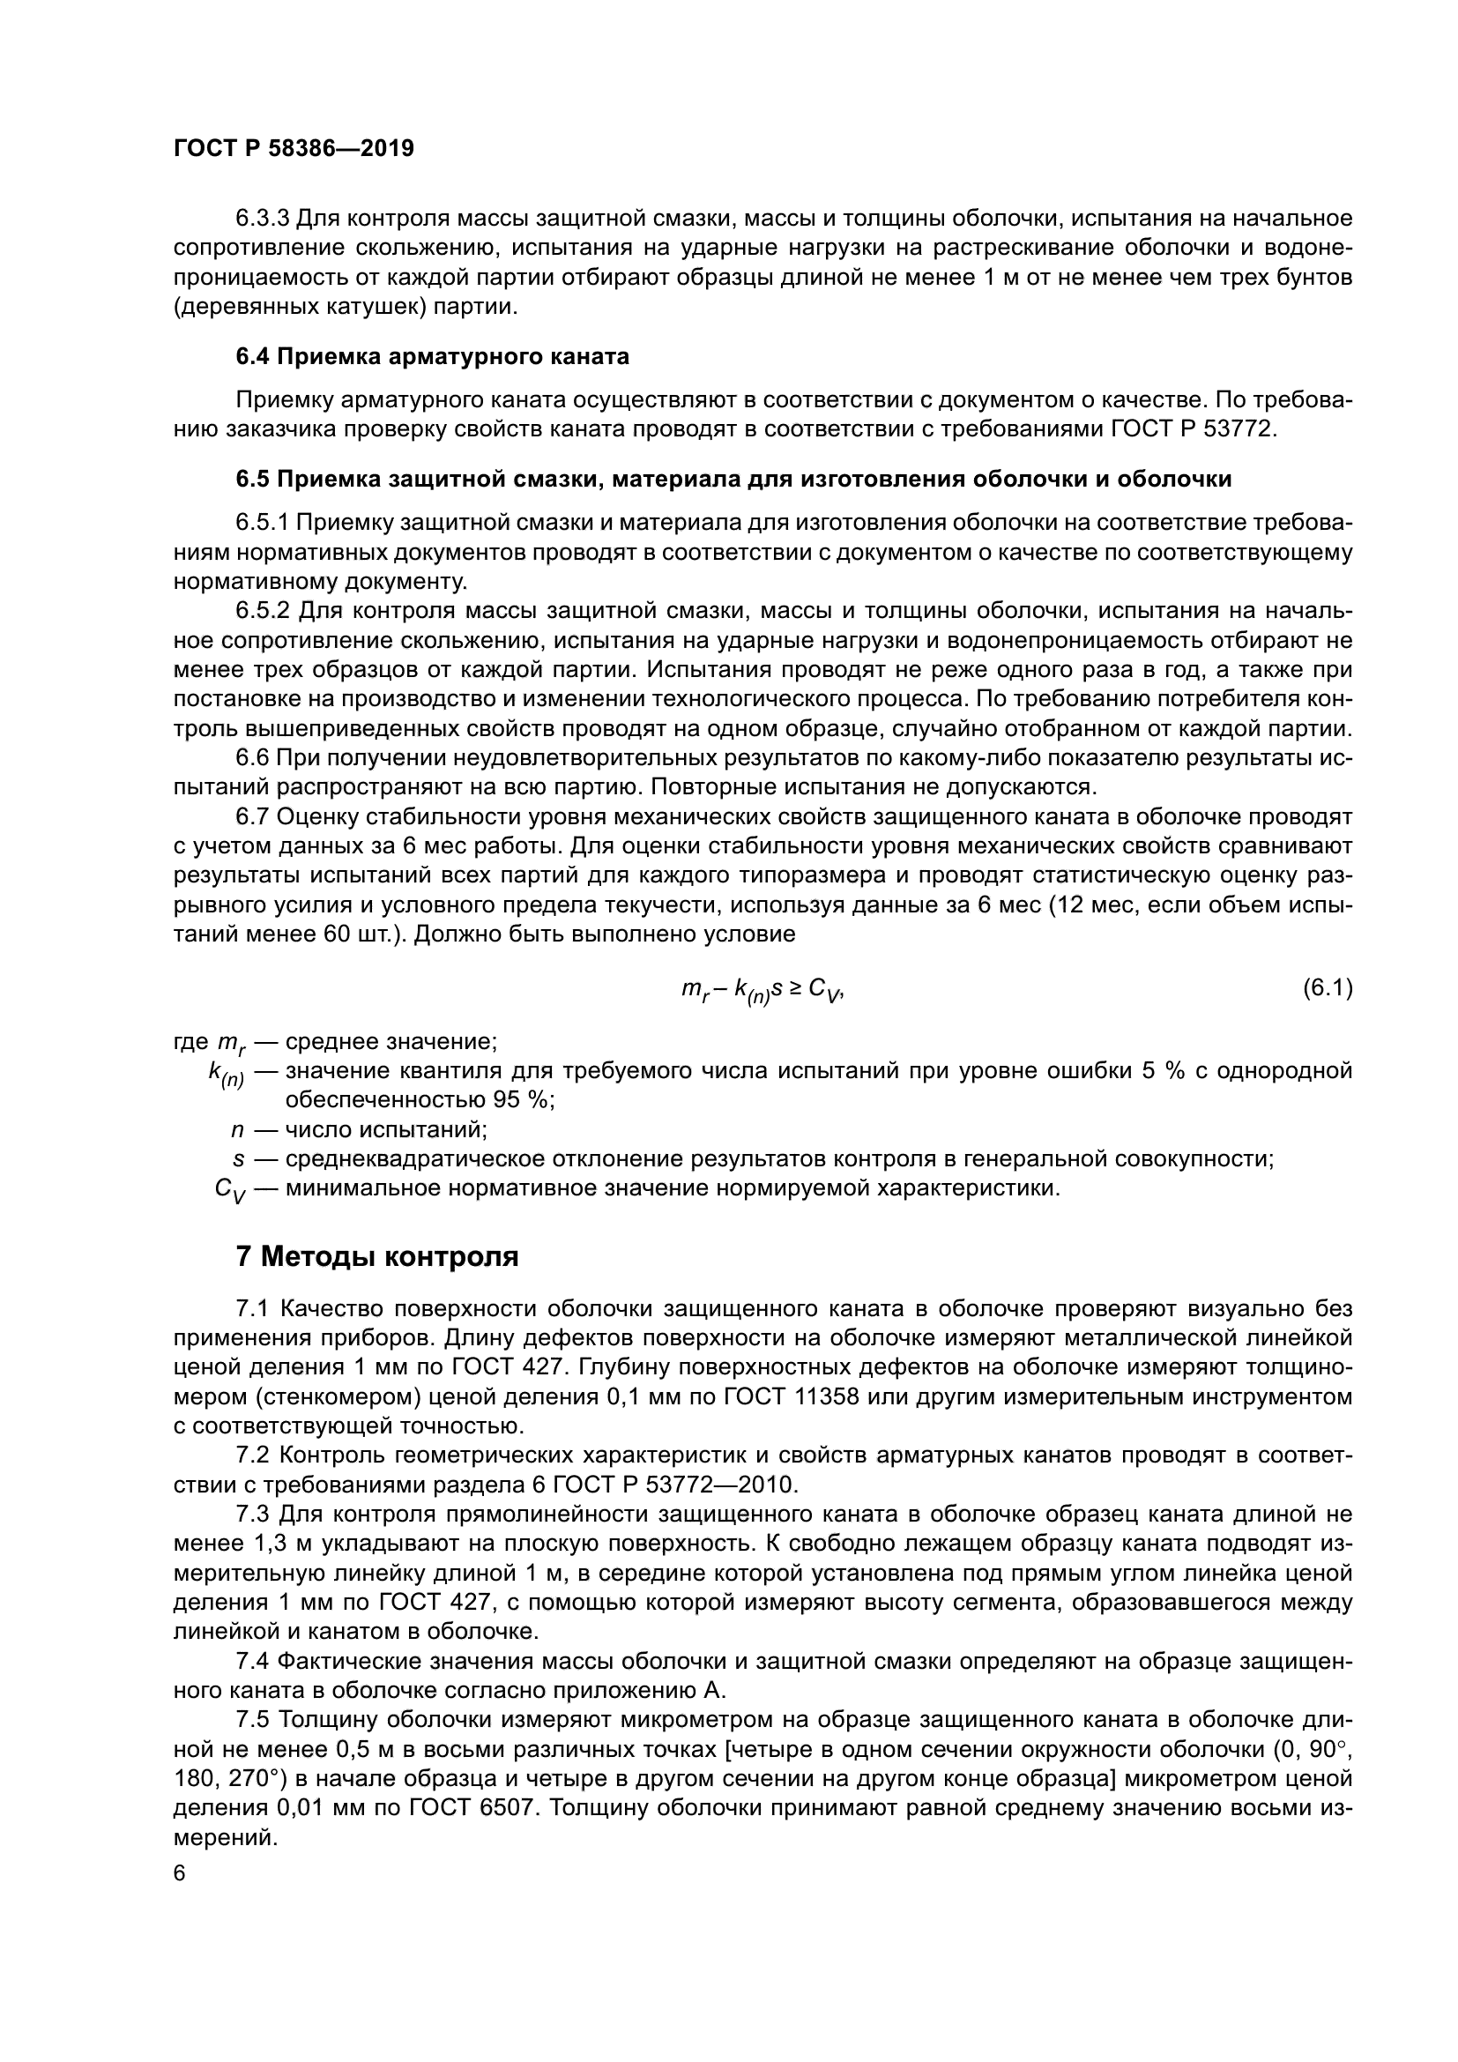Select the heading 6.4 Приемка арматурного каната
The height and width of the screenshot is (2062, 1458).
coord(432,357)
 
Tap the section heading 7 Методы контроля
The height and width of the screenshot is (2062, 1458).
coord(377,1256)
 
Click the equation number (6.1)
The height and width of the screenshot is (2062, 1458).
coord(1327,989)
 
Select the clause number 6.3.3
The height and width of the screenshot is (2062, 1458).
coord(262,220)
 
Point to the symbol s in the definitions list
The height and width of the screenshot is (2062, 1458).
coord(238,1159)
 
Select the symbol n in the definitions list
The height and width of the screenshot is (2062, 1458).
coord(237,1130)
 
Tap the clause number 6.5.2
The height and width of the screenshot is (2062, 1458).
coord(262,612)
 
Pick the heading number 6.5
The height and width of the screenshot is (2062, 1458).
coord(252,480)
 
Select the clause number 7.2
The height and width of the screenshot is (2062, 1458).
coord(252,1455)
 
